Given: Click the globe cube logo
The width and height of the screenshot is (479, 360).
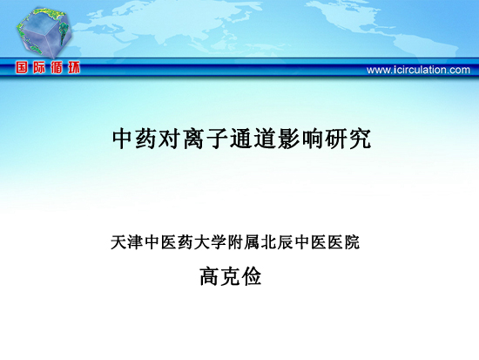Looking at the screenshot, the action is pos(44,33).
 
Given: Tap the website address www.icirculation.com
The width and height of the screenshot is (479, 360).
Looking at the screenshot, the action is pos(418,70).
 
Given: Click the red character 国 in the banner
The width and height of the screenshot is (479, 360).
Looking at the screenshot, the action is pos(22,67).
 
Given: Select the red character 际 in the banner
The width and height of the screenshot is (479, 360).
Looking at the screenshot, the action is pos(39,67).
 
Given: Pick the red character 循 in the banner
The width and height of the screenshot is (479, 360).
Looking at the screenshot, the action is pos(57,67).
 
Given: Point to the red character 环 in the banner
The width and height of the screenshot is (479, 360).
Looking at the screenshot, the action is pos(74,67).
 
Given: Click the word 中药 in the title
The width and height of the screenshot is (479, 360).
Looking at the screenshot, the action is pos(135,139).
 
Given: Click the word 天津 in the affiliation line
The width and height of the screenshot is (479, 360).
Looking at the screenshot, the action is pos(127,242).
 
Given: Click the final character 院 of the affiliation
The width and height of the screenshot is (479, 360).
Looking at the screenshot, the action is pos(352,242).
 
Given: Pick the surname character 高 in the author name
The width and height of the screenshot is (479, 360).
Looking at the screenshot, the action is pos(210,276).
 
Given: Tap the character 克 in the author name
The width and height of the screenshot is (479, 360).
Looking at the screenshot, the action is pos(230,276).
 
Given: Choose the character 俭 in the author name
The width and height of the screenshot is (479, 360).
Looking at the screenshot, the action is pos(252,276).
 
